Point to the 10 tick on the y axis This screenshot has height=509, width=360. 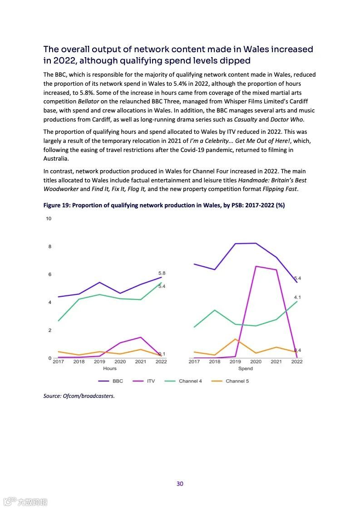[x=49, y=219]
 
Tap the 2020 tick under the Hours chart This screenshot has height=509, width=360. [x=120, y=362]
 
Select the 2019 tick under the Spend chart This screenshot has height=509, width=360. [x=235, y=362]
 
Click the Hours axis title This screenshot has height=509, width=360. [x=109, y=368]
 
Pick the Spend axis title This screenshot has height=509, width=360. [x=246, y=368]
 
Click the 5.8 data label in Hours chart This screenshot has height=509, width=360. [x=162, y=273]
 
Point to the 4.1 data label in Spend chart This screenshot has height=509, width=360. [x=297, y=297]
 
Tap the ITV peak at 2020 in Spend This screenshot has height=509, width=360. [x=256, y=266]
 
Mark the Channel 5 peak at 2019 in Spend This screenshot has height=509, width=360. [x=235, y=339]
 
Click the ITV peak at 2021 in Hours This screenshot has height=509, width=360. [x=141, y=337]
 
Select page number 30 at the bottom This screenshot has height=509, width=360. [x=180, y=484]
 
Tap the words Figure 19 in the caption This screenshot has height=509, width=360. [x=56, y=205]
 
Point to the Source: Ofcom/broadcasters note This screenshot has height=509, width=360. [x=79, y=396]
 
